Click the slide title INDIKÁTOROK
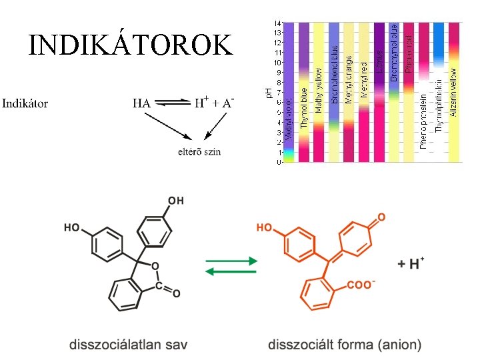click(131, 45)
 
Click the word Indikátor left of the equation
click(25, 104)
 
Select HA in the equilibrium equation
click(141, 104)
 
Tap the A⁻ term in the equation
click(227, 103)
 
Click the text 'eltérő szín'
click(199, 151)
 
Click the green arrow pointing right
click(231, 261)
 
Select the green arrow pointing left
click(231, 271)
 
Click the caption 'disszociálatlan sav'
click(129, 345)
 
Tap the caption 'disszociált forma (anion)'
click(345, 345)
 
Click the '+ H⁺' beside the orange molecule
click(412, 263)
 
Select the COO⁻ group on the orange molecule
click(361, 285)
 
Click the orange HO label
click(264, 228)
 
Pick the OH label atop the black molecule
click(176, 201)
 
